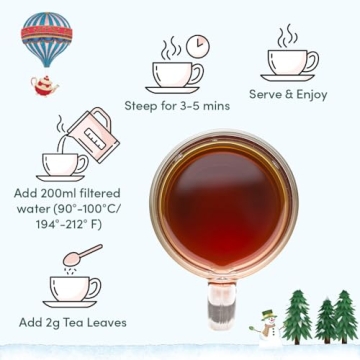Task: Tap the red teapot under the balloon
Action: click(44, 85)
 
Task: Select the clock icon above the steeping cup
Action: click(198, 45)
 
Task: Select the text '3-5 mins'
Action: click(207, 106)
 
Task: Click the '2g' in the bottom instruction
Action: click(58, 323)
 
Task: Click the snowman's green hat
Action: click(268, 312)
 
